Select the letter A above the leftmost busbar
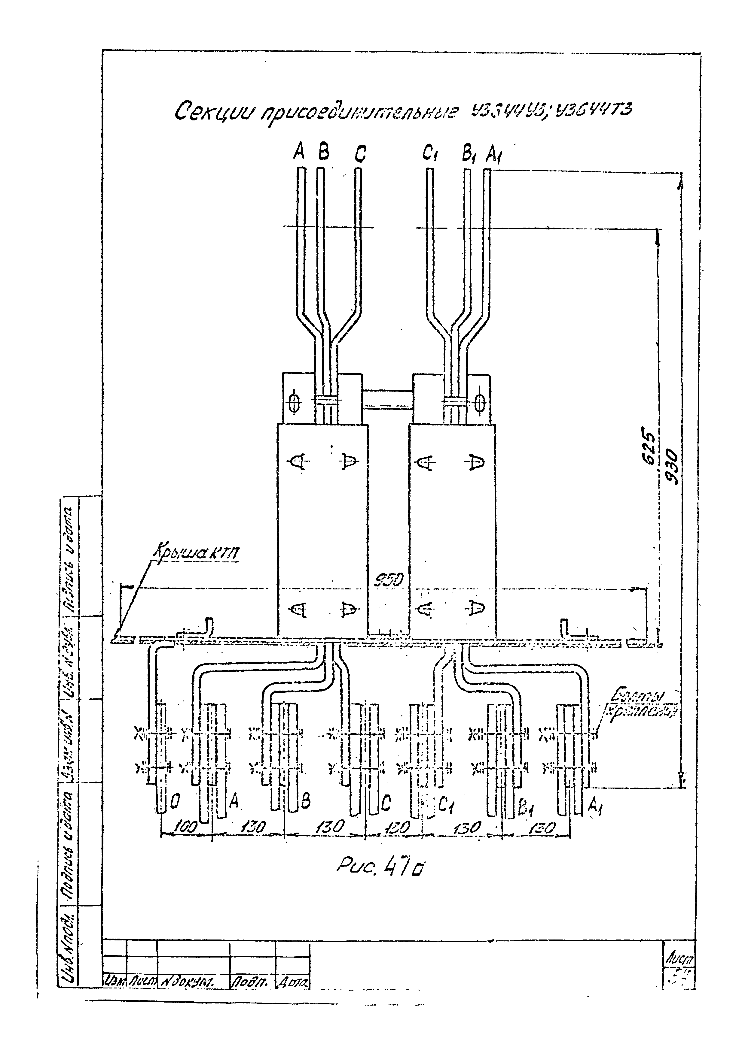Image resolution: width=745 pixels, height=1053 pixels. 299,151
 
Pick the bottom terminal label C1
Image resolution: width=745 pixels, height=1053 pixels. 445,803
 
